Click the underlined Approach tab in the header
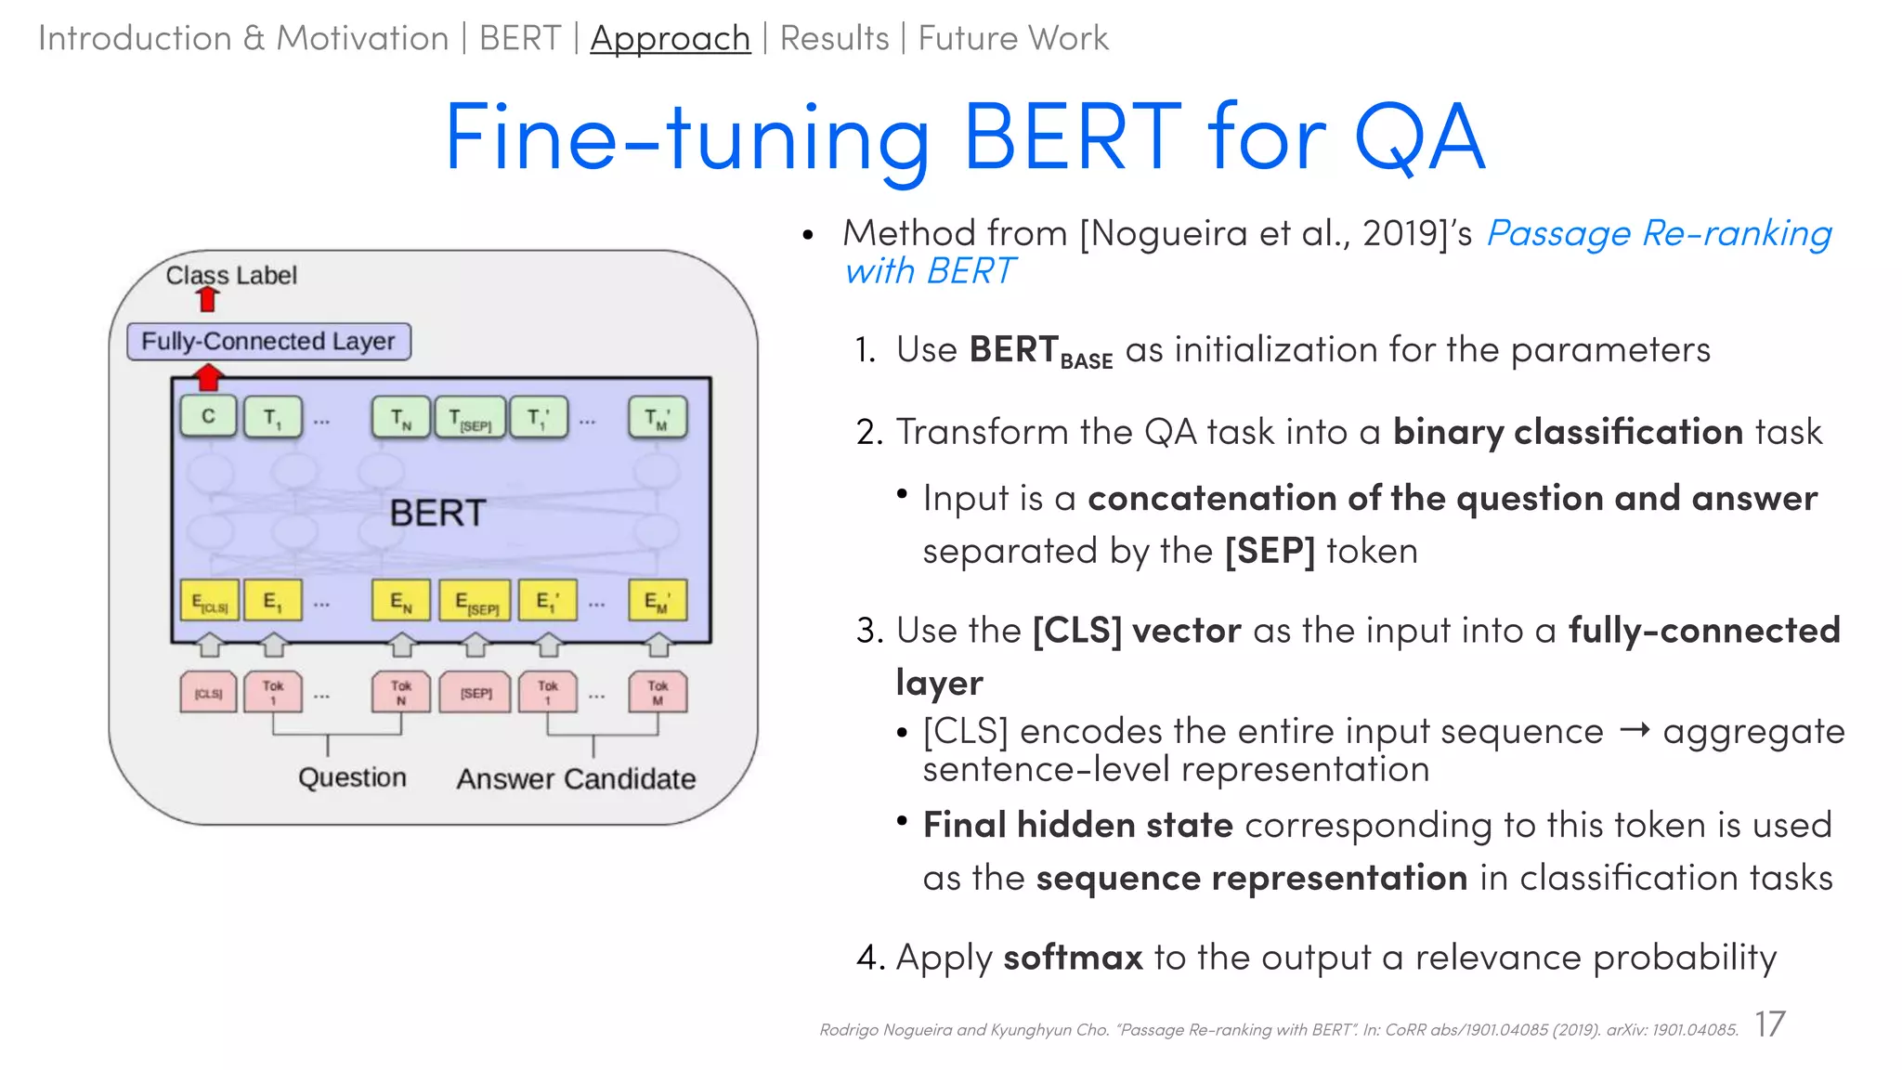(670, 38)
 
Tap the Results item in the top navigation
(834, 38)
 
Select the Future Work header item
(1012, 38)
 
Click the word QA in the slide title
(1419, 139)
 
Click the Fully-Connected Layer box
(268, 341)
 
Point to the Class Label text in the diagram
(231, 275)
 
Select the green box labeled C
(208, 416)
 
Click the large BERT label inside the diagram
(437, 513)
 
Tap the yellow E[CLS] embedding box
(209, 601)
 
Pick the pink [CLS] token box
(208, 693)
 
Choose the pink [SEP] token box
(475, 693)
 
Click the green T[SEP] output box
(470, 417)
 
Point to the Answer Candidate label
(576, 778)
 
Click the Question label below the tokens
(352, 777)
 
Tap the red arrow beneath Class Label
(208, 299)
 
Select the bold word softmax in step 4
(1073, 957)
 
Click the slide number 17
(1769, 1024)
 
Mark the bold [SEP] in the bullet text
(1270, 551)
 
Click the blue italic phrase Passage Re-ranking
(1659, 232)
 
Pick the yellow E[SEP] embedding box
(475, 601)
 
